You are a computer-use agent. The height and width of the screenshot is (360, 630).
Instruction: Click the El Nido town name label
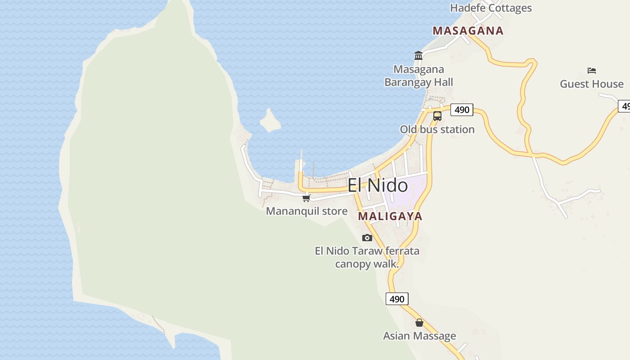[378, 185]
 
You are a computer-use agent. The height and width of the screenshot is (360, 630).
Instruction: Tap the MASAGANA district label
[468, 31]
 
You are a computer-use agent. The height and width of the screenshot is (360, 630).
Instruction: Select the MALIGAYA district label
[390, 216]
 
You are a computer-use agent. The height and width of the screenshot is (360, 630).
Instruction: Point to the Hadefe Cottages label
[490, 8]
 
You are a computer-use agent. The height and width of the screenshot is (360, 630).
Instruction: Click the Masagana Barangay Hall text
[418, 76]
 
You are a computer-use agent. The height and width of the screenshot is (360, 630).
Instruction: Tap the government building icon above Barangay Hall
[418, 55]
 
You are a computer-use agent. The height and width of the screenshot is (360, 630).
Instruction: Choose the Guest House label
[591, 84]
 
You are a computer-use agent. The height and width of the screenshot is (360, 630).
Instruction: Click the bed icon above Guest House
[592, 70]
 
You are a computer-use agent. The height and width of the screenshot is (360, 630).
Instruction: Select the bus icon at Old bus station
[437, 116]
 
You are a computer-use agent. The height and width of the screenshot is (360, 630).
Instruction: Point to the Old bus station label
[437, 129]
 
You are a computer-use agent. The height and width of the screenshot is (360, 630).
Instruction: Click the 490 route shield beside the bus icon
[462, 109]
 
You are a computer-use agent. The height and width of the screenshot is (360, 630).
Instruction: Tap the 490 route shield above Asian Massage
[397, 299]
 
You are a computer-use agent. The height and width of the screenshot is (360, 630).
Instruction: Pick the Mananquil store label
[306, 211]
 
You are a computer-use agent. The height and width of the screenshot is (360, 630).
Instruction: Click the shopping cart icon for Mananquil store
[306, 198]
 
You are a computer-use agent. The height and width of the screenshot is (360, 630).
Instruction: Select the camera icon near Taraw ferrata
[367, 238]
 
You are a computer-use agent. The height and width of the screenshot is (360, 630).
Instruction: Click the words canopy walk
[367, 264]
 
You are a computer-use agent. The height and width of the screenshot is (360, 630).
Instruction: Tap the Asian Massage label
[419, 336]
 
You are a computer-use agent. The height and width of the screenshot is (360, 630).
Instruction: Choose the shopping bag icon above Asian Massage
[419, 323]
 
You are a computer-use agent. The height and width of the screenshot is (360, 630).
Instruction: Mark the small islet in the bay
[270, 121]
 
